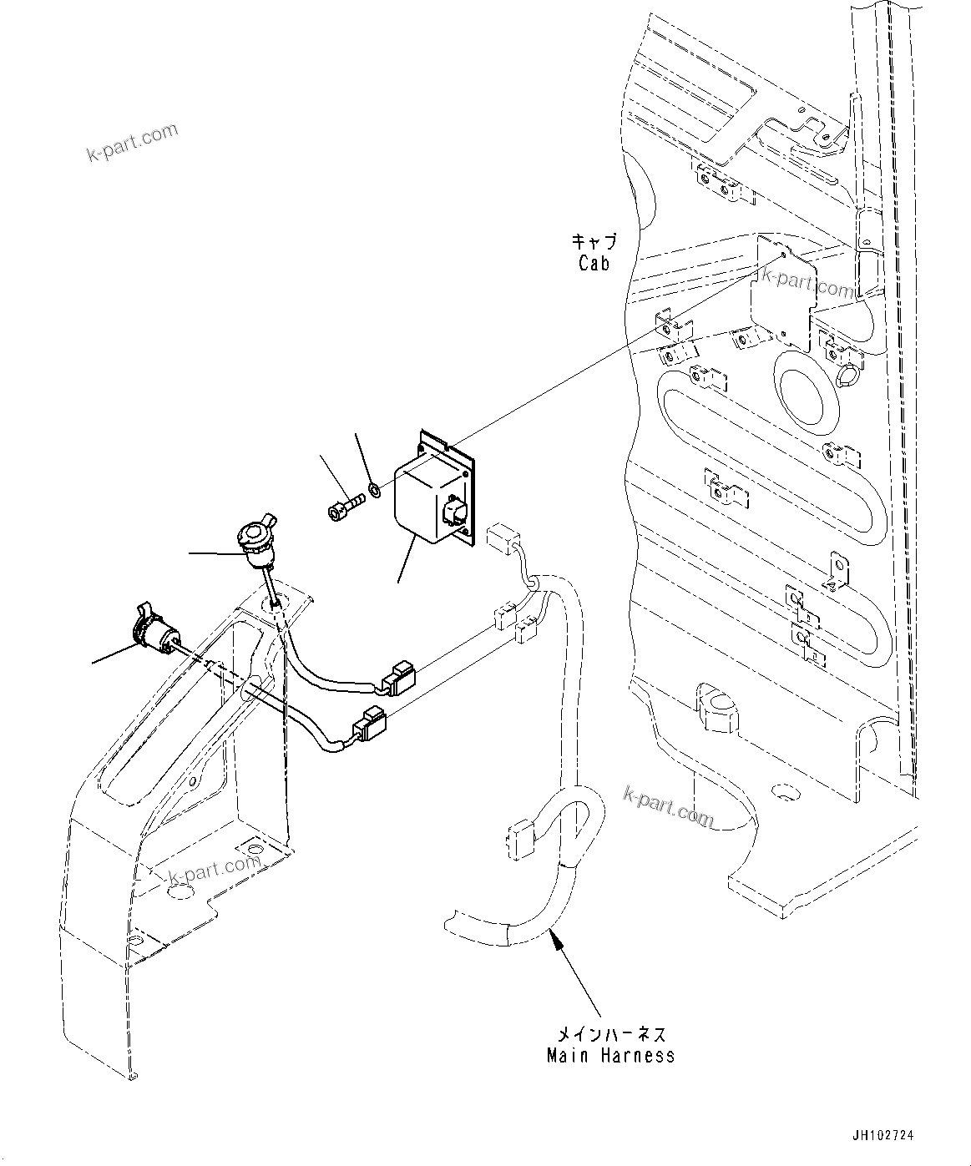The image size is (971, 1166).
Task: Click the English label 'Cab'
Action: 594,264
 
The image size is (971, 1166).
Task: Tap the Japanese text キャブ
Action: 594,243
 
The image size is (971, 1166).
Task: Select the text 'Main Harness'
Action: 610,1056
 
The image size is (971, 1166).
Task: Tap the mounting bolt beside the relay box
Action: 342,506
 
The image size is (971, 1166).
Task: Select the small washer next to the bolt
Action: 376,488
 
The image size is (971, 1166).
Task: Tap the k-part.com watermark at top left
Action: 133,143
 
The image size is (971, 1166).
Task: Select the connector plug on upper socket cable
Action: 396,679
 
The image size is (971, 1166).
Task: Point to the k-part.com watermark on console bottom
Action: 215,868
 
